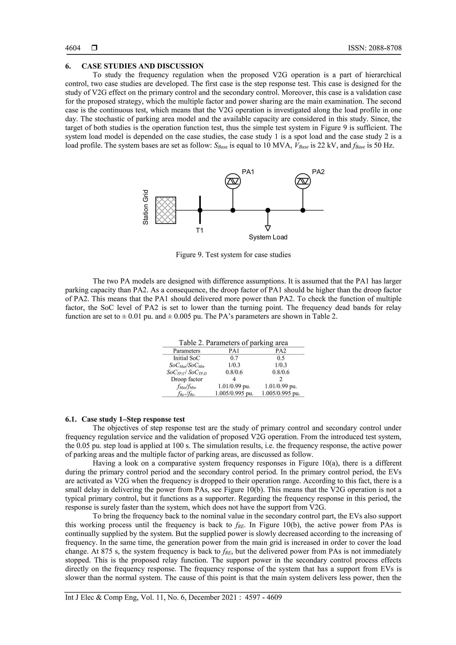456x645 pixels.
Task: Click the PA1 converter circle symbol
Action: [x=233, y=181]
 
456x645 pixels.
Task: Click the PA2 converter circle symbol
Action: [x=303, y=181]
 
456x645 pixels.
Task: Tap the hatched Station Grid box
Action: [x=166, y=210]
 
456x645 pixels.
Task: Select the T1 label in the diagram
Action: [x=199, y=231]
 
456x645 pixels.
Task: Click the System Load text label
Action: [x=268, y=237]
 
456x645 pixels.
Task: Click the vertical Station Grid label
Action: [x=146, y=207]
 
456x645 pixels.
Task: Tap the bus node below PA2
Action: [x=303, y=210]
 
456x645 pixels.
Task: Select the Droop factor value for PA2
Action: [x=281, y=379]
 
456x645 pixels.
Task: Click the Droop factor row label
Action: [x=187, y=379]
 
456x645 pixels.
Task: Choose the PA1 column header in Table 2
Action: [x=234, y=351]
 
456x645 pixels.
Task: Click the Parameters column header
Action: [x=187, y=351]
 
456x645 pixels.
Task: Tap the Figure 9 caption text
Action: [x=233, y=255]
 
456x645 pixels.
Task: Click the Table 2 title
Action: [x=233, y=343]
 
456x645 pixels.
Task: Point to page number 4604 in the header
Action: [x=73, y=48]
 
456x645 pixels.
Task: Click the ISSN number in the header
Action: [x=375, y=48]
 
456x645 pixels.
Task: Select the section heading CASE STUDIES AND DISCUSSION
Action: [x=142, y=66]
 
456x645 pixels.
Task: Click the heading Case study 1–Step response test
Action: [x=133, y=419]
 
